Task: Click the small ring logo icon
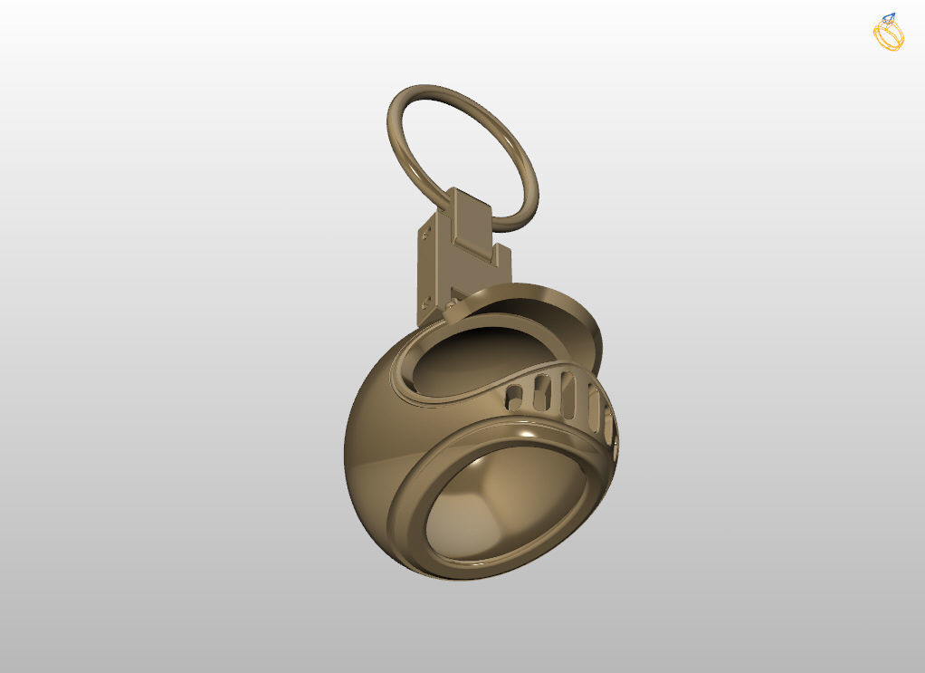coord(888,33)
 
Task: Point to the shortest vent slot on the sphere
coord(513,395)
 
